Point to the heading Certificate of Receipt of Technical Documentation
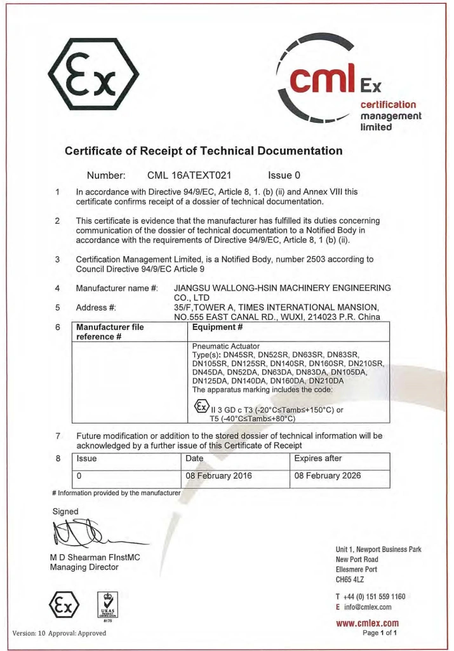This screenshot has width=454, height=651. (x=204, y=151)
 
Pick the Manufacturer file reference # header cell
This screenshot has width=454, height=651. (x=110, y=332)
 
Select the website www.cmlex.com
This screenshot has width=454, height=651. (x=369, y=623)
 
